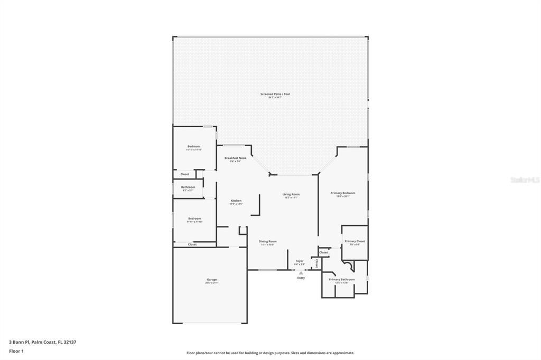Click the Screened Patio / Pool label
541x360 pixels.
point(275,94)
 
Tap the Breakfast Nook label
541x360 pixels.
point(235,158)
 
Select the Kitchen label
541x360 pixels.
point(236,201)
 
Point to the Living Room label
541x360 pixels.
point(291,194)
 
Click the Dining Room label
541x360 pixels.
point(268,241)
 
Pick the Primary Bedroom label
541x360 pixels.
point(342,193)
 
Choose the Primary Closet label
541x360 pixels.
point(355,241)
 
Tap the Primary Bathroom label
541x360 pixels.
point(341,279)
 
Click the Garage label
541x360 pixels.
point(211,280)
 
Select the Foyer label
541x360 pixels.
point(300,261)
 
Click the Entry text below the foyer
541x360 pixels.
point(301,278)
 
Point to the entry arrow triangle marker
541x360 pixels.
point(301,272)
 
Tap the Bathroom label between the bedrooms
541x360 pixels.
point(188,187)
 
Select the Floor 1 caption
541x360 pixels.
point(16,350)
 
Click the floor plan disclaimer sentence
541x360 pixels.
point(270,353)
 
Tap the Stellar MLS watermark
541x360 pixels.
point(525,180)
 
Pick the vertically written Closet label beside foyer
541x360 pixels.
point(316,262)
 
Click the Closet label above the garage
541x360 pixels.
point(192,244)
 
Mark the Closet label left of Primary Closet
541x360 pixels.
point(323,252)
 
